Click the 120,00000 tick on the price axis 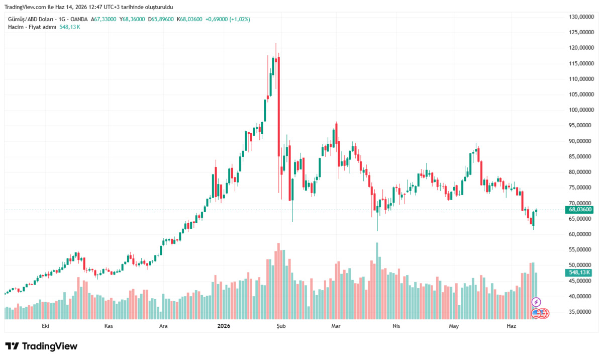[581, 48]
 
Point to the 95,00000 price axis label [581, 125]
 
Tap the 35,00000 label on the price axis [581, 312]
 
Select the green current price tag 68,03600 [579, 210]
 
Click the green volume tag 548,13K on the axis [578, 273]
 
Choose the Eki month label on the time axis [46, 326]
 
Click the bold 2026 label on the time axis [224, 326]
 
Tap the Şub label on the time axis [281, 326]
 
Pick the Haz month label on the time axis [511, 326]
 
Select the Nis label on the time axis [396, 326]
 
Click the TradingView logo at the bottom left [41, 346]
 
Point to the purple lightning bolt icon [536, 302]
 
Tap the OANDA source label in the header [79, 20]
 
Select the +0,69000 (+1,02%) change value [228, 20]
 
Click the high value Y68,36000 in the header [132, 20]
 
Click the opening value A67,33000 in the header [104, 20]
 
